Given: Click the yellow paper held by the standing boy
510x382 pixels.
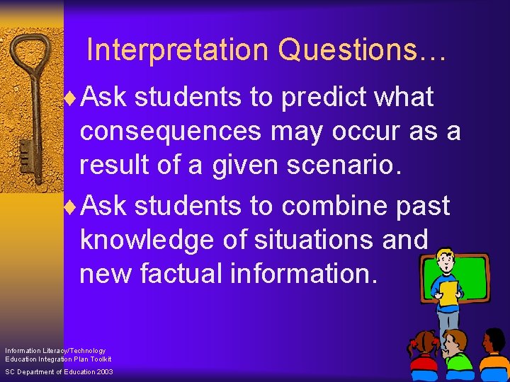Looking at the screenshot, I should pyautogui.click(x=448, y=293).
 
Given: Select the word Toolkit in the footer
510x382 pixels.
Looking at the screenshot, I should pyautogui.click(x=99, y=359).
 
